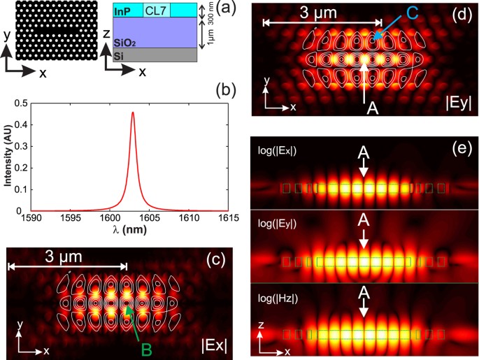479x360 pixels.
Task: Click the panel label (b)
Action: (227, 89)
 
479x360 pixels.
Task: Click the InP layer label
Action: (122, 10)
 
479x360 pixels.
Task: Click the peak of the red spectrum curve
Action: (133, 112)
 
